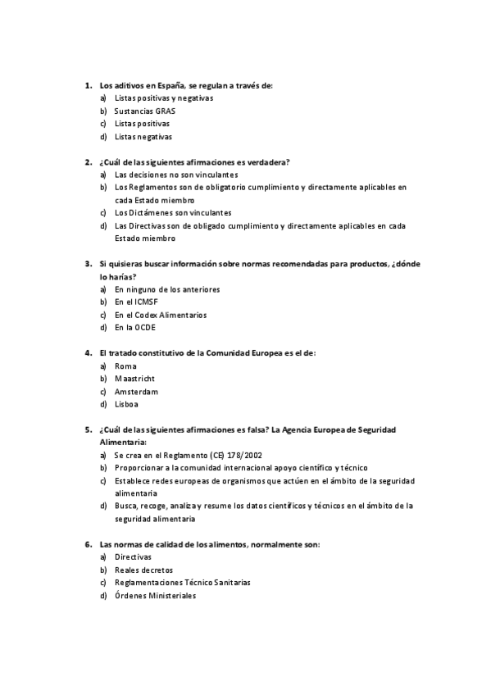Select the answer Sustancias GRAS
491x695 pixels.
144,111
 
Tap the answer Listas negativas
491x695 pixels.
143,137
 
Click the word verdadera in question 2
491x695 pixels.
266,161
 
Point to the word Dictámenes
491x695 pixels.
148,213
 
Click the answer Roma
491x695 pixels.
125,366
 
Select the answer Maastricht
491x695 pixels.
134,379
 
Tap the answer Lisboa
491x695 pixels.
126,404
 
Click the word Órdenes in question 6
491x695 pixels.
132,595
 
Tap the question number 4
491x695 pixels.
88,353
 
